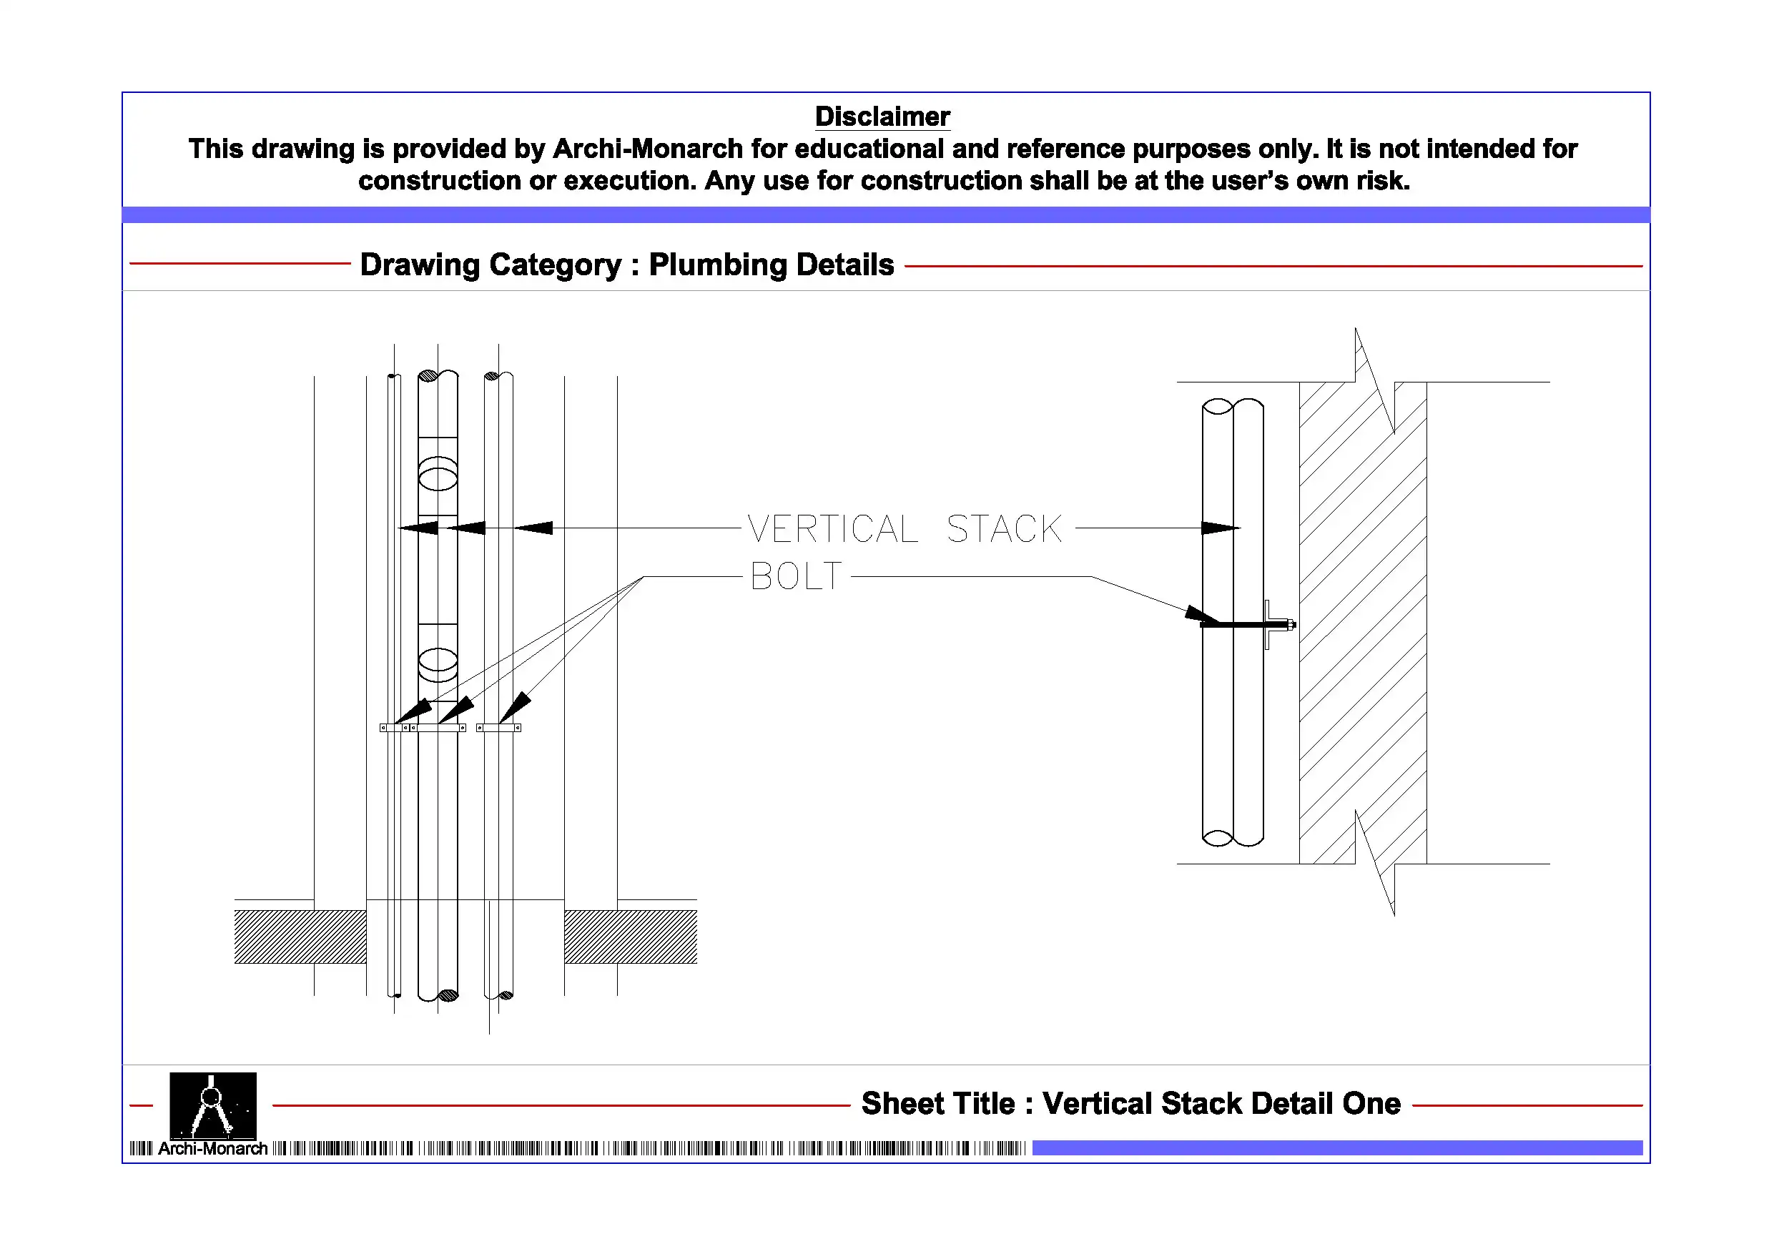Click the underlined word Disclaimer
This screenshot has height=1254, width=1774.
(x=882, y=117)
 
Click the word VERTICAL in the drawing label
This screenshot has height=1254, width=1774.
(x=832, y=530)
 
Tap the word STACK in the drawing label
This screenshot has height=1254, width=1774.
(x=1004, y=530)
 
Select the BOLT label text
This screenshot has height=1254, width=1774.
(x=796, y=576)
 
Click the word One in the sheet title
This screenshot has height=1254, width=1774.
(x=1371, y=1103)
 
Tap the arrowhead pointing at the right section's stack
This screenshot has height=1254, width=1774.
(x=1219, y=528)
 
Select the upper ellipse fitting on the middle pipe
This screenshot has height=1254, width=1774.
(x=438, y=475)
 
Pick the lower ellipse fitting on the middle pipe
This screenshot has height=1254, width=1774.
(x=438, y=661)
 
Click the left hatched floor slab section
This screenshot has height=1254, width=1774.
(x=300, y=937)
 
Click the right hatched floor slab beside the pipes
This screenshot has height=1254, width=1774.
(x=630, y=937)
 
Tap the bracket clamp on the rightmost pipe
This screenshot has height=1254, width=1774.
(x=498, y=727)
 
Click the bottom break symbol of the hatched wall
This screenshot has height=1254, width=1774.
(x=1374, y=863)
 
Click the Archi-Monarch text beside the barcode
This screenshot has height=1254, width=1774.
(x=212, y=1149)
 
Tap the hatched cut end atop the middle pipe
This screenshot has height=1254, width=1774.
(x=428, y=376)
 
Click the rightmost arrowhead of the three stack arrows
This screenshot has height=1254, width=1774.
(x=534, y=528)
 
